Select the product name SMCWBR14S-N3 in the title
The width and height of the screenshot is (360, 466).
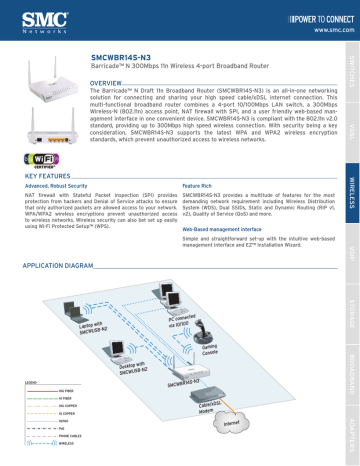(x=122, y=59)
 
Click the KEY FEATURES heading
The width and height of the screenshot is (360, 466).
(x=44, y=147)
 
